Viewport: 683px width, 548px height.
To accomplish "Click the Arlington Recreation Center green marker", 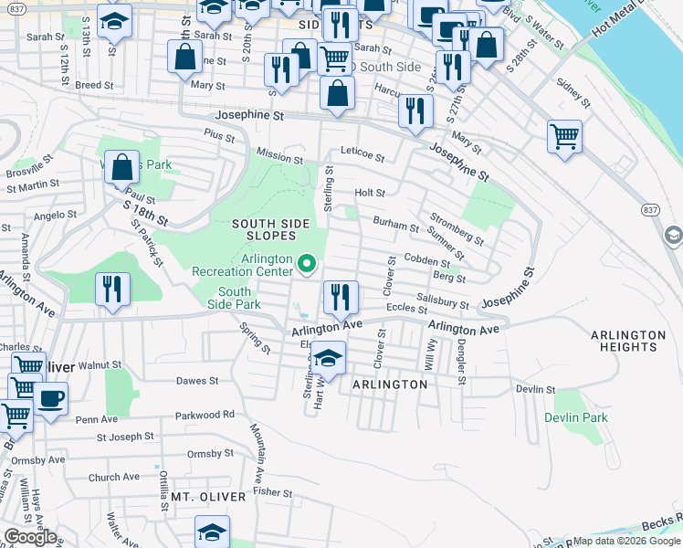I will click(308, 265).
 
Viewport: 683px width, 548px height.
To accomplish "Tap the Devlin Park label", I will click(575, 417).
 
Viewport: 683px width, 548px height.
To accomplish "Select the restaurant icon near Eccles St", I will click(341, 296).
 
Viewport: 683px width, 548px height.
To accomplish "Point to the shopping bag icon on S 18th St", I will click(121, 168).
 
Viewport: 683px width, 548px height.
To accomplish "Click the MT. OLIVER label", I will click(209, 497).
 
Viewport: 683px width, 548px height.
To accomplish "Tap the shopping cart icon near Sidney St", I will click(565, 137).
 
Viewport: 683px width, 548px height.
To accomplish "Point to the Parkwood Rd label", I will click(210, 414).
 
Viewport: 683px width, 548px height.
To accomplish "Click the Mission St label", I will click(278, 158).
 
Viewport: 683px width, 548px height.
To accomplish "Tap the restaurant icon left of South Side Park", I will click(113, 289).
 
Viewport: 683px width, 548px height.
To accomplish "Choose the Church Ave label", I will click(114, 477).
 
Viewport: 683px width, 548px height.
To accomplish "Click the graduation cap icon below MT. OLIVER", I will click(212, 531).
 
